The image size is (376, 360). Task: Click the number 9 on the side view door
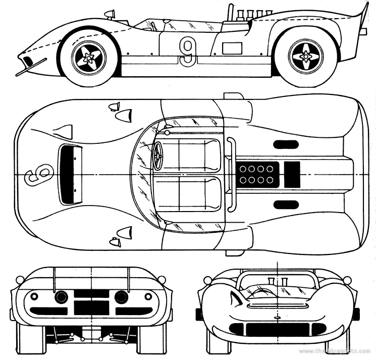(x=187, y=52)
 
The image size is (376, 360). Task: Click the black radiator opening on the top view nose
(x=71, y=174)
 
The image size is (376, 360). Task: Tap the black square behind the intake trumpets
(x=292, y=174)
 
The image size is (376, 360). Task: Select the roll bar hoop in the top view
(x=231, y=174)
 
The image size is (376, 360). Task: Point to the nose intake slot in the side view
(x=28, y=62)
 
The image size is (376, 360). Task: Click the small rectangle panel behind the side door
(x=232, y=48)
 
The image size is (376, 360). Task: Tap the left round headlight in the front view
(x=62, y=297)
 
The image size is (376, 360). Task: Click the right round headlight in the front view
(x=121, y=297)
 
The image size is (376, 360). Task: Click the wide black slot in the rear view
(x=277, y=329)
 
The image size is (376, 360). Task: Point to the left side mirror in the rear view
(x=207, y=280)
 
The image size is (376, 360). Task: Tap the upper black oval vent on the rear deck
(x=286, y=144)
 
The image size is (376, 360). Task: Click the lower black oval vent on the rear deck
(x=286, y=204)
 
